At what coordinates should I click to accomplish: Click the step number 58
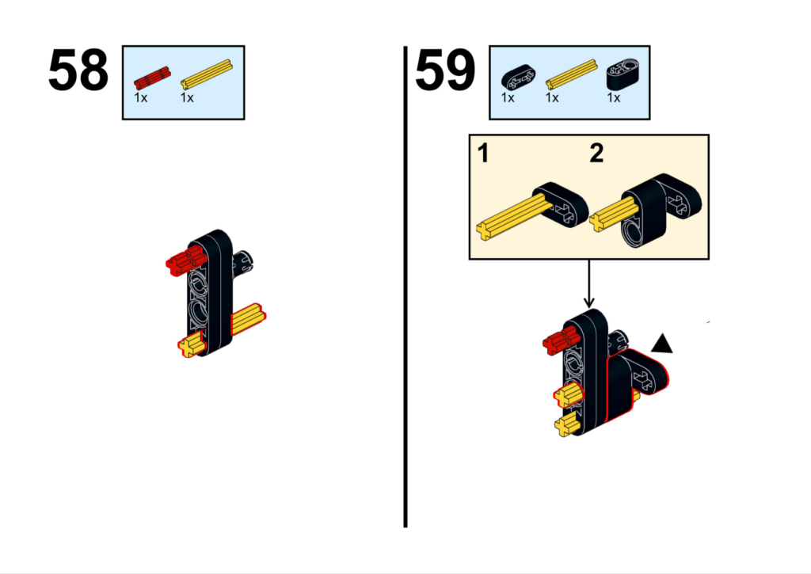pyautogui.click(x=78, y=70)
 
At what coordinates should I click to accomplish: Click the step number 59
pyautogui.click(x=445, y=70)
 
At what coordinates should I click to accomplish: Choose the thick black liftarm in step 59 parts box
pyautogui.click(x=623, y=75)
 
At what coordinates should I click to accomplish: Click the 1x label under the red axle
pyautogui.click(x=141, y=97)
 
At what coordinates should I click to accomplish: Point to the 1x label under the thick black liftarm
pyautogui.click(x=614, y=97)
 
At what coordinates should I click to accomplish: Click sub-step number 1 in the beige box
pyautogui.click(x=483, y=154)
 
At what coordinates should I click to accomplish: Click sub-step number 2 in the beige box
pyautogui.click(x=596, y=154)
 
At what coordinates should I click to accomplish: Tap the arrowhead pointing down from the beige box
pyautogui.click(x=588, y=302)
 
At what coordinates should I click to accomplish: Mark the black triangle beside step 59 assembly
pyautogui.click(x=662, y=344)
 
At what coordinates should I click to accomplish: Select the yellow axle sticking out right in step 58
pyautogui.click(x=248, y=319)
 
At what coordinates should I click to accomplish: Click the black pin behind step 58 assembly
pyautogui.click(x=243, y=262)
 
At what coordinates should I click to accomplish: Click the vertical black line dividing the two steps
pyautogui.click(x=405, y=287)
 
